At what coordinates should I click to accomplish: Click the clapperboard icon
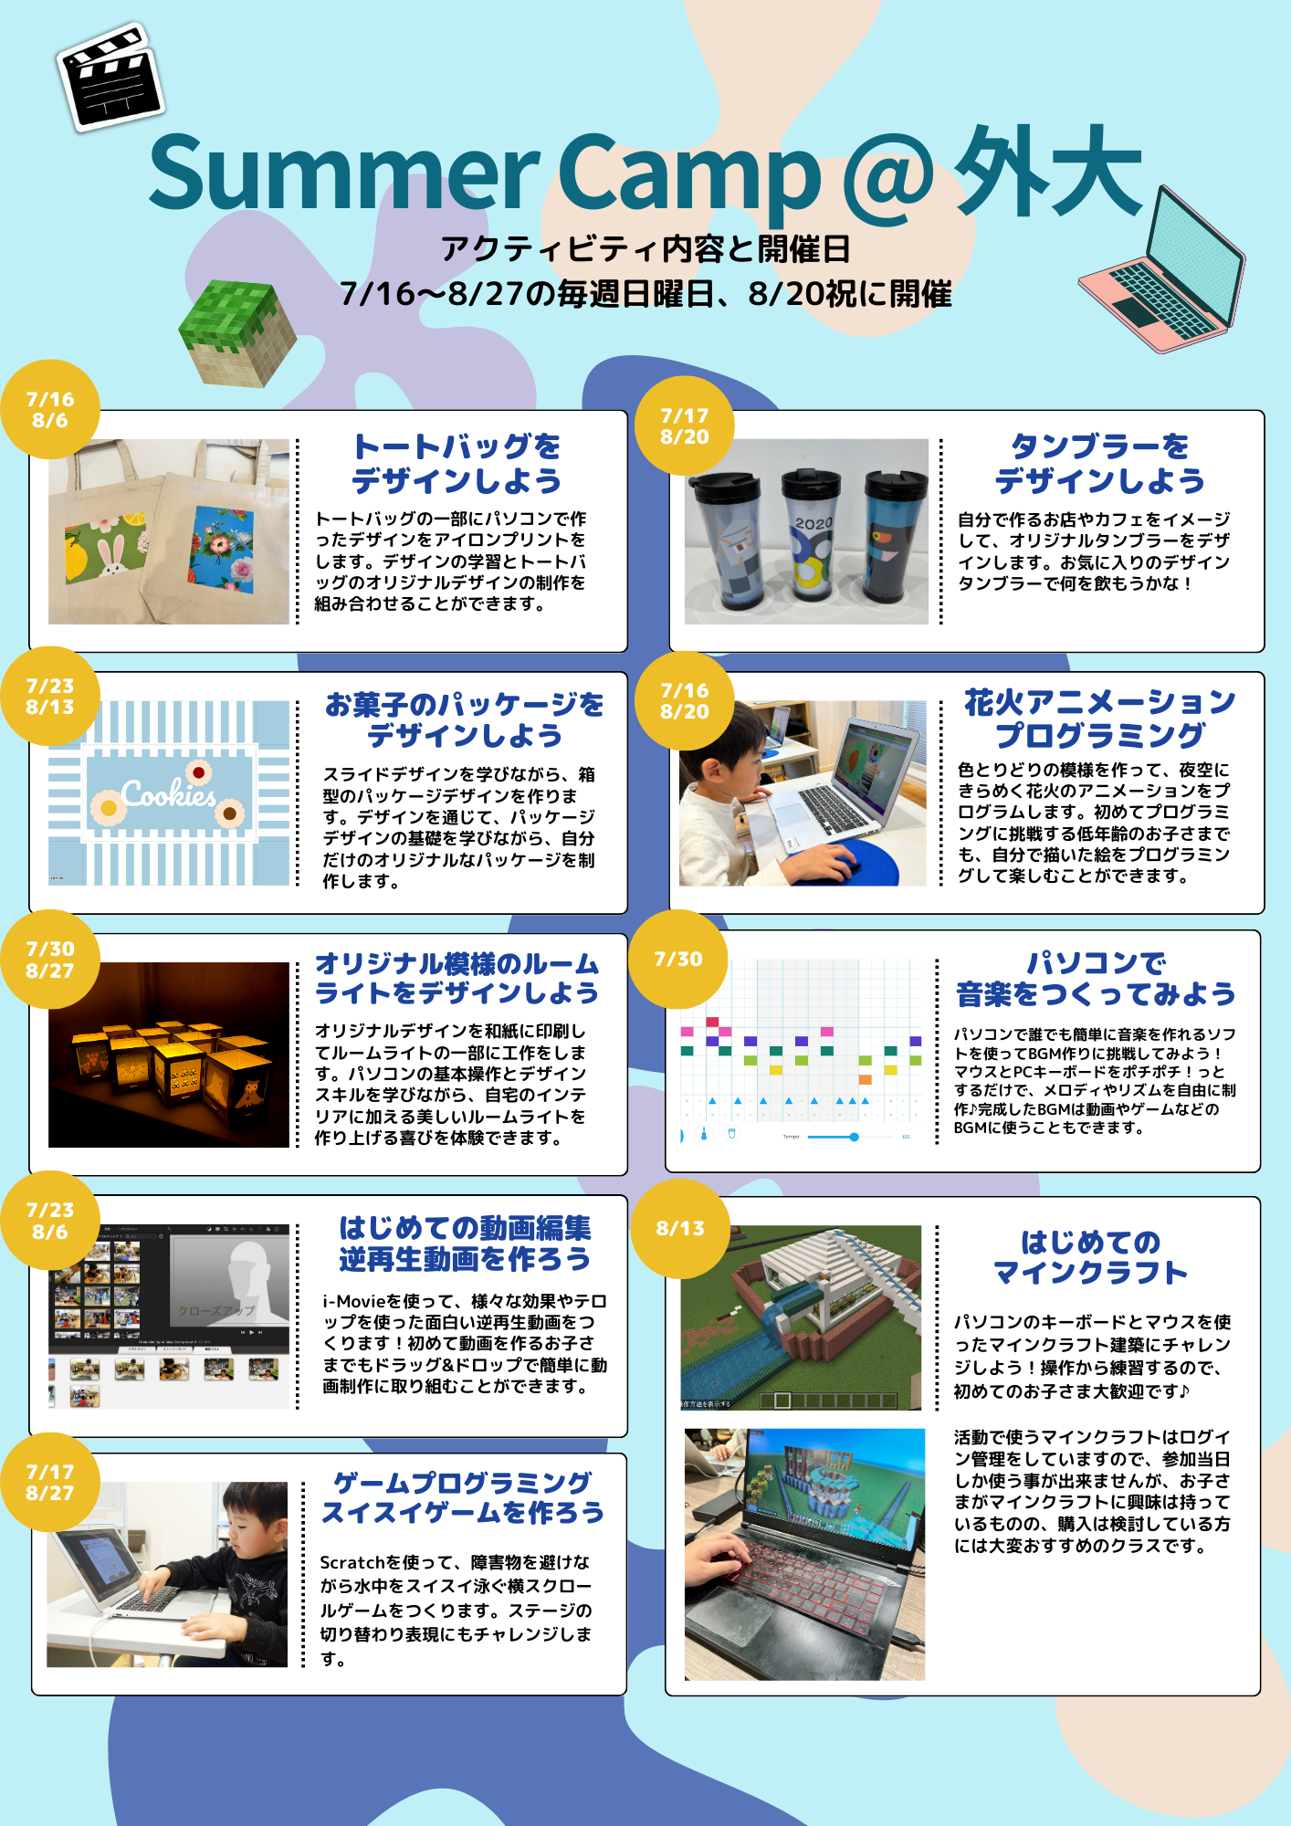click(x=110, y=78)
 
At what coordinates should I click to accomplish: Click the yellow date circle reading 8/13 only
click(x=680, y=1229)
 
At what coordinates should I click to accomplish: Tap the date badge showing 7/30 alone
click(x=678, y=959)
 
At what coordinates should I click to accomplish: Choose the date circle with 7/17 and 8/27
click(x=50, y=1482)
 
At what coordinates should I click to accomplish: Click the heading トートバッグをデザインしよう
click(x=457, y=463)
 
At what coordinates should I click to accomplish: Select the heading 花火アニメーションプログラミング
click(x=1100, y=718)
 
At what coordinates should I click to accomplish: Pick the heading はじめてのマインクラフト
click(x=1090, y=1256)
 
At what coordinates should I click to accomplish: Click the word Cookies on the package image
click(x=169, y=794)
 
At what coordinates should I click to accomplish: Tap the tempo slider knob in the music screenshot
click(x=855, y=1137)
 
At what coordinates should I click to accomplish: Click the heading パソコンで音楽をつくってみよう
click(x=1096, y=978)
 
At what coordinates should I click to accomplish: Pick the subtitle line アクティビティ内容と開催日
click(x=645, y=248)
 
